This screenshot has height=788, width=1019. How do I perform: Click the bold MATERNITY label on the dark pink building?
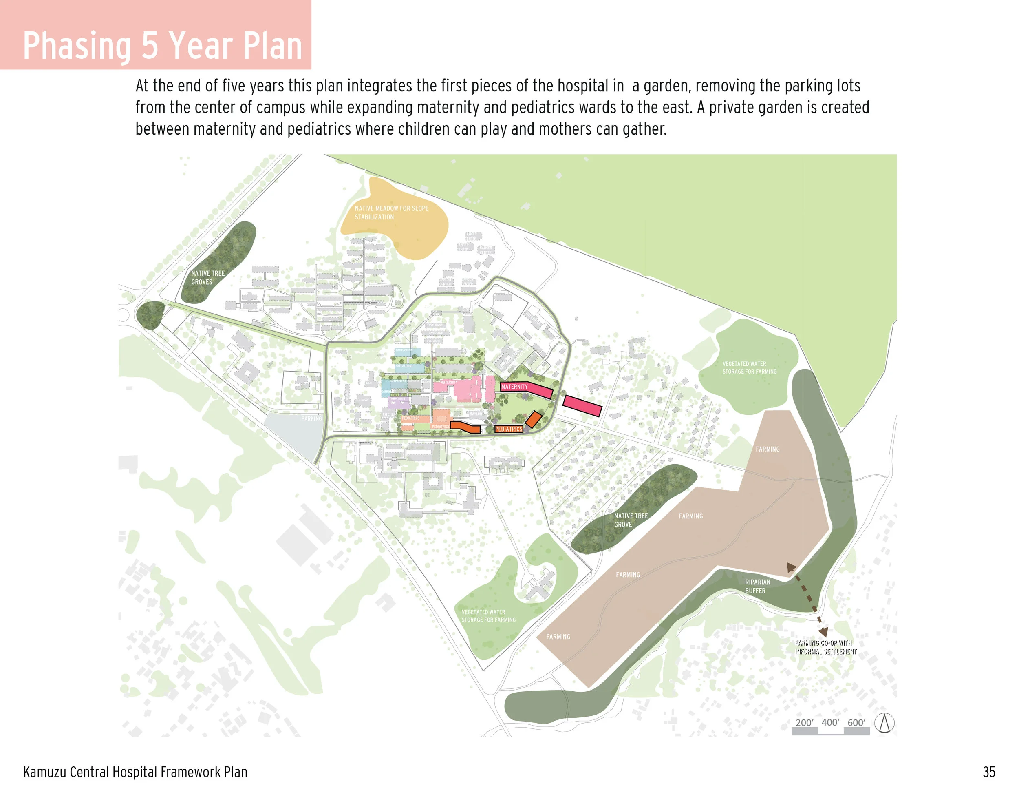click(514, 387)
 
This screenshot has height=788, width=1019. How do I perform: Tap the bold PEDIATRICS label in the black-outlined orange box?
click(509, 429)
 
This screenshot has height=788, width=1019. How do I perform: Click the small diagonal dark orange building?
click(533, 420)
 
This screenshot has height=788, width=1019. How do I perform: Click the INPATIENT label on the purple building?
click(398, 399)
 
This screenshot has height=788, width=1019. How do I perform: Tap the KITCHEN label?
click(389, 414)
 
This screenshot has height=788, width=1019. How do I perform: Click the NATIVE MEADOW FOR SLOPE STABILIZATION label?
click(391, 212)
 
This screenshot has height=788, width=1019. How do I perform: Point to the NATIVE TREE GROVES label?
click(207, 277)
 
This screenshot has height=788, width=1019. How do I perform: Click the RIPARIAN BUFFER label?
click(757, 587)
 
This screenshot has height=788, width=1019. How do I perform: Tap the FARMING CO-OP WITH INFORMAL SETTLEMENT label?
click(825, 647)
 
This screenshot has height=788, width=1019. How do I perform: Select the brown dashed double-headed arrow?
click(807, 599)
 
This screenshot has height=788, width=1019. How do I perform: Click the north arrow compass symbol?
click(884, 723)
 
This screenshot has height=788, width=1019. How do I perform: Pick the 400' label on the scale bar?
click(830, 722)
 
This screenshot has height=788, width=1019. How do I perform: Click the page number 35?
click(989, 772)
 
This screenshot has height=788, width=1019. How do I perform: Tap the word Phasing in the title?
click(77, 46)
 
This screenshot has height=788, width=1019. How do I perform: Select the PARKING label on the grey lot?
click(311, 418)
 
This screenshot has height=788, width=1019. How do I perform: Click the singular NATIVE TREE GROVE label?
click(630, 520)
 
